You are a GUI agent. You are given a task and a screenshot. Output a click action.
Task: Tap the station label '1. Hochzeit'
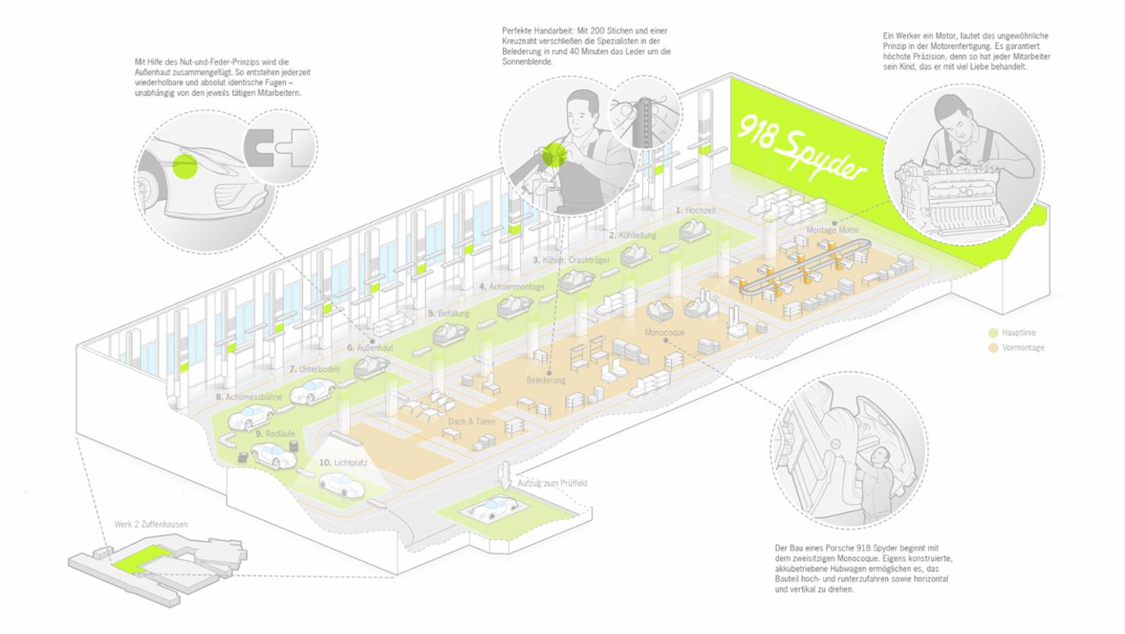tap(696, 211)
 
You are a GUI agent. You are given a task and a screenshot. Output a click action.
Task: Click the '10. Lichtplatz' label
tap(343, 462)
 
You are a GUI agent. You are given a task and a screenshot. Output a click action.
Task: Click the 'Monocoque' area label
tap(665, 332)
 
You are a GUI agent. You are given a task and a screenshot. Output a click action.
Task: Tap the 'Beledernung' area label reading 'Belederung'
tap(545, 380)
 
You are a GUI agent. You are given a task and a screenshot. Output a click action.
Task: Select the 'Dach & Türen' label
tap(472, 422)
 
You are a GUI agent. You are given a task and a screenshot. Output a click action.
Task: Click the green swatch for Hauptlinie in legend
tap(993, 333)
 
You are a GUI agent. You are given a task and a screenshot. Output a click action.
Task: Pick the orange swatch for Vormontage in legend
tap(993, 347)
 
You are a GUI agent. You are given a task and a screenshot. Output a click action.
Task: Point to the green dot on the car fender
tap(185, 166)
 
